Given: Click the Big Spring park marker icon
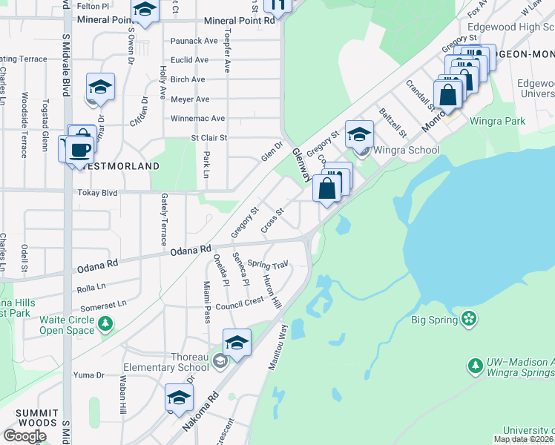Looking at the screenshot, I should point(468,320).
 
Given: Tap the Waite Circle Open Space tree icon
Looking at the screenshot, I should point(105,323).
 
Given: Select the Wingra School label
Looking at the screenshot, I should point(406,150).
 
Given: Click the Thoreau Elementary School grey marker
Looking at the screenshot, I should point(219,361).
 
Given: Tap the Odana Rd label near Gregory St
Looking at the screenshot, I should point(191,251).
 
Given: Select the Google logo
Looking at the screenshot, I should point(24,435).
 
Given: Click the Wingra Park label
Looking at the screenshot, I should point(501,121).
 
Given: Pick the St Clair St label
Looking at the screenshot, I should point(208,137).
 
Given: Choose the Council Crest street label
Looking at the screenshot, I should point(240,303).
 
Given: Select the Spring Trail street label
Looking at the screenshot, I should point(267,264).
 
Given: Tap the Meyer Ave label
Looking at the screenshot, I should point(190,99).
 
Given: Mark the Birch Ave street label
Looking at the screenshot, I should point(188,79).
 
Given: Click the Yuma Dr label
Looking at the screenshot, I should point(89,375).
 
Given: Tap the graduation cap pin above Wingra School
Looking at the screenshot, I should point(359,134).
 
